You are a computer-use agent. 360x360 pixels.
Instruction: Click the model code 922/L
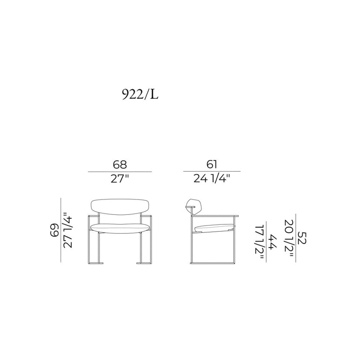[x=140, y=94]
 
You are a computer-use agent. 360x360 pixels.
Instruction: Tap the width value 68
[x=120, y=165]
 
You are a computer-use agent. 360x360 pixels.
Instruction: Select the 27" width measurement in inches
[x=120, y=179]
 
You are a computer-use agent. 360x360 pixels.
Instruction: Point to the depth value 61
[x=212, y=165]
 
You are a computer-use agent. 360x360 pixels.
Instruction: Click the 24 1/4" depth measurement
[x=212, y=179]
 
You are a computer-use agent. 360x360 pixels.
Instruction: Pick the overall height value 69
[x=54, y=230]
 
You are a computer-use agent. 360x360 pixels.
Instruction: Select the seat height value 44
[x=273, y=242]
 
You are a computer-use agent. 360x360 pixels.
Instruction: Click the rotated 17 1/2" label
[x=259, y=242]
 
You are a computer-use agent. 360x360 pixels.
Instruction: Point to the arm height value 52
[x=302, y=238]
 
